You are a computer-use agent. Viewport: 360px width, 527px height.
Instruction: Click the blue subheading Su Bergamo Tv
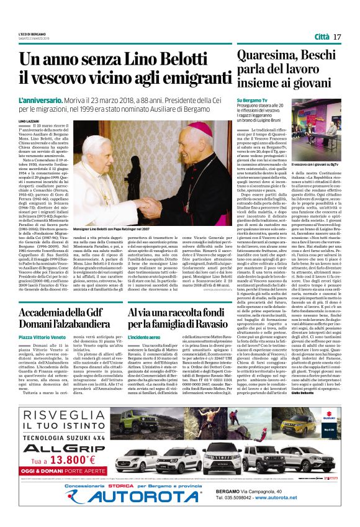[252, 100]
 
